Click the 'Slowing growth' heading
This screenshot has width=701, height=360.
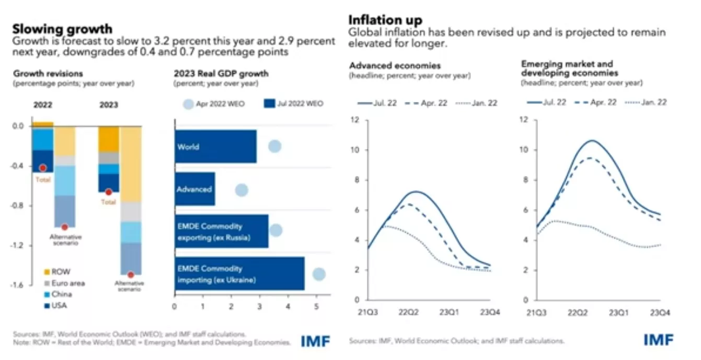(x=62, y=29)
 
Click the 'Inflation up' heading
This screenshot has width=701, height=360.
(x=385, y=20)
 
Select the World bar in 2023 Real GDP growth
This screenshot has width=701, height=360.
(x=215, y=146)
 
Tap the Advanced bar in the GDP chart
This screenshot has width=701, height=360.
(x=195, y=189)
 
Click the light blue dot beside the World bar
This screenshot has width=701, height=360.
(x=275, y=146)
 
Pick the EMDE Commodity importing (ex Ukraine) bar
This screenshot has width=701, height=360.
(x=240, y=274)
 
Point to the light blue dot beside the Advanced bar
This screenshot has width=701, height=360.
(x=242, y=190)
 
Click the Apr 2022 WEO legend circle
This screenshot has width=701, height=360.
(x=188, y=104)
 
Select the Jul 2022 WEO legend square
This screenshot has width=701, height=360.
(x=269, y=103)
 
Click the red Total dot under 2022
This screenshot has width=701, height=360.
(x=43, y=168)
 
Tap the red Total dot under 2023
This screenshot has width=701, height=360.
(x=109, y=192)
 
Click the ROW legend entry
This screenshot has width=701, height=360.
(x=58, y=272)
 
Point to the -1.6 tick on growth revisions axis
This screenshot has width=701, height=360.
(x=17, y=285)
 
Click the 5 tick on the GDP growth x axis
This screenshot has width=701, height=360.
(x=316, y=307)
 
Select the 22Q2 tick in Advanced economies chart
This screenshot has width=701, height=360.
(x=408, y=312)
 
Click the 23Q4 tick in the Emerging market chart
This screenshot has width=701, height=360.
(x=660, y=312)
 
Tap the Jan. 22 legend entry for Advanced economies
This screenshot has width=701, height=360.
(x=476, y=103)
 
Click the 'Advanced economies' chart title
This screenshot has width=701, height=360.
(x=395, y=66)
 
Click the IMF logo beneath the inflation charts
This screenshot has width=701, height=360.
(x=659, y=340)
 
